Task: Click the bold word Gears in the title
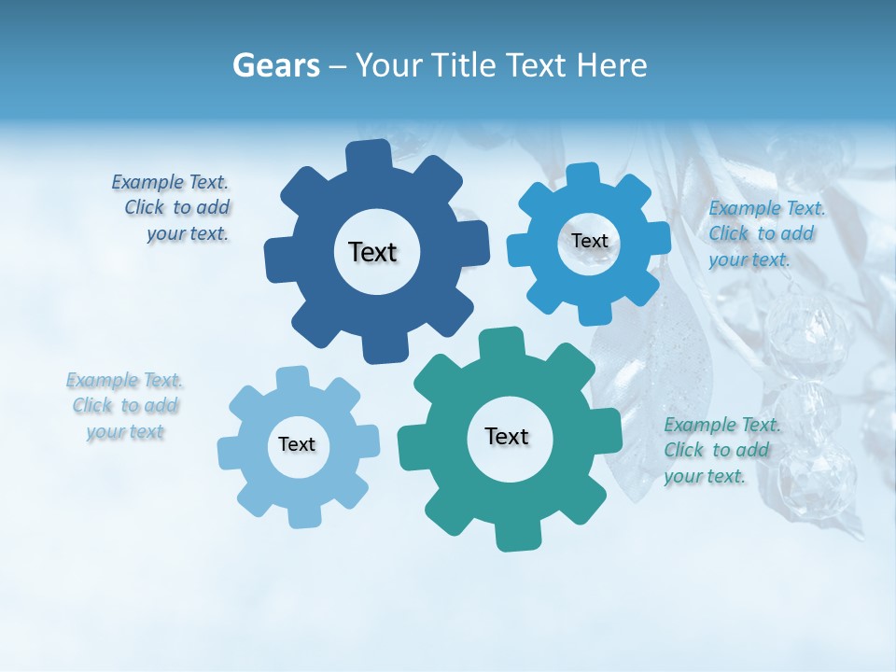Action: point(276,65)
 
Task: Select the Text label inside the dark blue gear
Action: point(372,252)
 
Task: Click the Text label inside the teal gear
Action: point(507,436)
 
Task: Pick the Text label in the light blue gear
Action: point(297,444)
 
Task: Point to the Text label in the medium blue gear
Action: point(589,241)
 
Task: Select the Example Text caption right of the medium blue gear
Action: point(765,233)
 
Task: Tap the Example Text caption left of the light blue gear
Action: point(125,406)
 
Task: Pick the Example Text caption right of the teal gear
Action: point(721,450)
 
